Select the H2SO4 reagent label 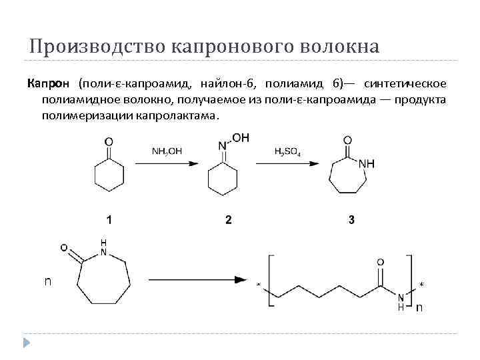[287, 151]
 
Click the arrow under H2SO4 [288, 162]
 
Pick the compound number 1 [109, 219]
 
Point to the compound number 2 [229, 219]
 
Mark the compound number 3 [351, 219]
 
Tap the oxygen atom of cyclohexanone [109, 141]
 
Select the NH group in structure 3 [367, 163]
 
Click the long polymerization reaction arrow [200, 281]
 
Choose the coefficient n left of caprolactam [47, 281]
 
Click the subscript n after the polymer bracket [419, 308]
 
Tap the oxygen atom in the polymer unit [381, 261]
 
